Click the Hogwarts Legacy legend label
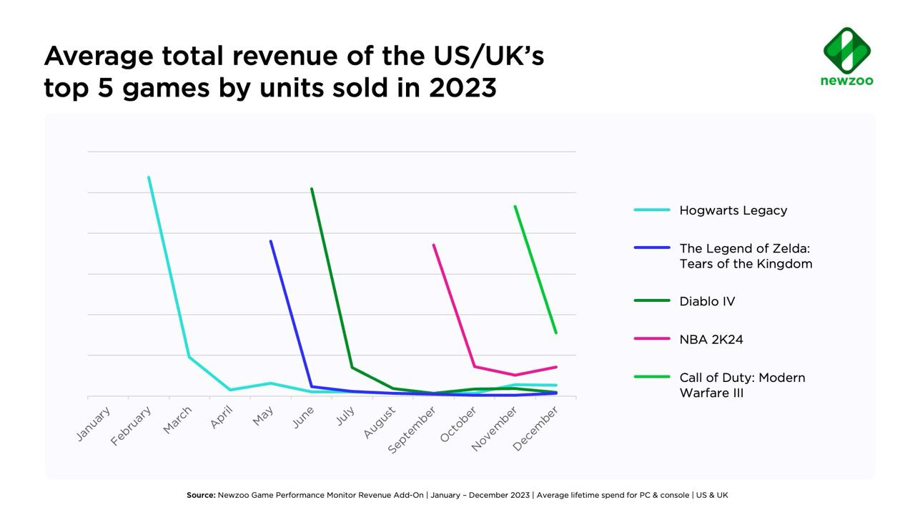tap(733, 210)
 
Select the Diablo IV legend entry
tap(707, 301)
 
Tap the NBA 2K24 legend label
tap(711, 340)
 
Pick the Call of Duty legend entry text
tap(742, 385)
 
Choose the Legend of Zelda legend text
tap(746, 256)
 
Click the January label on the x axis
tap(94, 424)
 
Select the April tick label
tap(222, 418)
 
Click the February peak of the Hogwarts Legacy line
tap(149, 177)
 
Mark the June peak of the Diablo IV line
tap(312, 189)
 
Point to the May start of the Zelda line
tap(271, 242)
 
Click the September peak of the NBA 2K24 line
tap(434, 245)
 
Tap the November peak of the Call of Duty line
tap(515, 207)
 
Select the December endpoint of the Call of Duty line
tap(556, 333)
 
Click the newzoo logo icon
tap(847, 50)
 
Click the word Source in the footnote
tap(201, 495)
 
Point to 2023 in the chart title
tap(463, 88)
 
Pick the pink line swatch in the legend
tap(652, 339)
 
